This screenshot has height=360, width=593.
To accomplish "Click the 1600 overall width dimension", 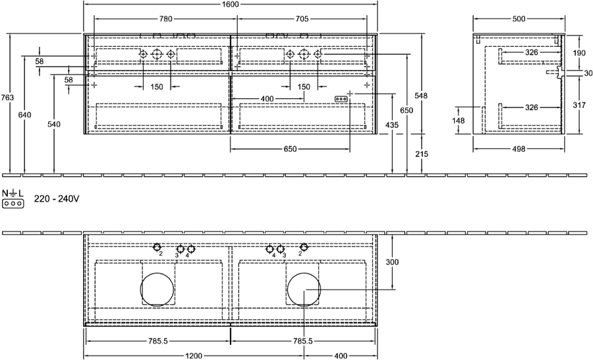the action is point(231,4).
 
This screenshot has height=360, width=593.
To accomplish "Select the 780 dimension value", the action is point(165,18).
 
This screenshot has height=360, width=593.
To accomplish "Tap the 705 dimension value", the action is point(302,18).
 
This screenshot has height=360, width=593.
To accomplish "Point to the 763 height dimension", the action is point(7,98).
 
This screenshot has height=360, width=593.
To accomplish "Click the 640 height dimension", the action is point(24,115).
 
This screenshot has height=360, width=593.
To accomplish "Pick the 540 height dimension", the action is point(54,124).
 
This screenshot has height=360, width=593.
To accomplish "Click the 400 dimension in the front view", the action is point(267,99).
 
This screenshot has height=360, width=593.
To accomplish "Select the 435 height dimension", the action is point(392,124).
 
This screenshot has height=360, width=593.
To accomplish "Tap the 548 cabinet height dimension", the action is point(421,96).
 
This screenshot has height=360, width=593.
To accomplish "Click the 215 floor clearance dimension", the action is point(422,154).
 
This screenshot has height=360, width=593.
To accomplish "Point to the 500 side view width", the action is point(519,18).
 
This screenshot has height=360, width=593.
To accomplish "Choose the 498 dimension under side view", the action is point(519,149).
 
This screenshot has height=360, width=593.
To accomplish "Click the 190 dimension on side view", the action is point(579,53).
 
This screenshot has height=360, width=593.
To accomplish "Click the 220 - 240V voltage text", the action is point(57,198).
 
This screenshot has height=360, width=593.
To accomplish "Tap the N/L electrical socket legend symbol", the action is point(13,198).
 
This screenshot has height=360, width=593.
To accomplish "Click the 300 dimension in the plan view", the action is point(392,262).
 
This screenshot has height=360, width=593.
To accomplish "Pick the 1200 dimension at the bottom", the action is point(194,355).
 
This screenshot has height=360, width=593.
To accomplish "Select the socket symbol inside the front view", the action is point(341,99).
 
